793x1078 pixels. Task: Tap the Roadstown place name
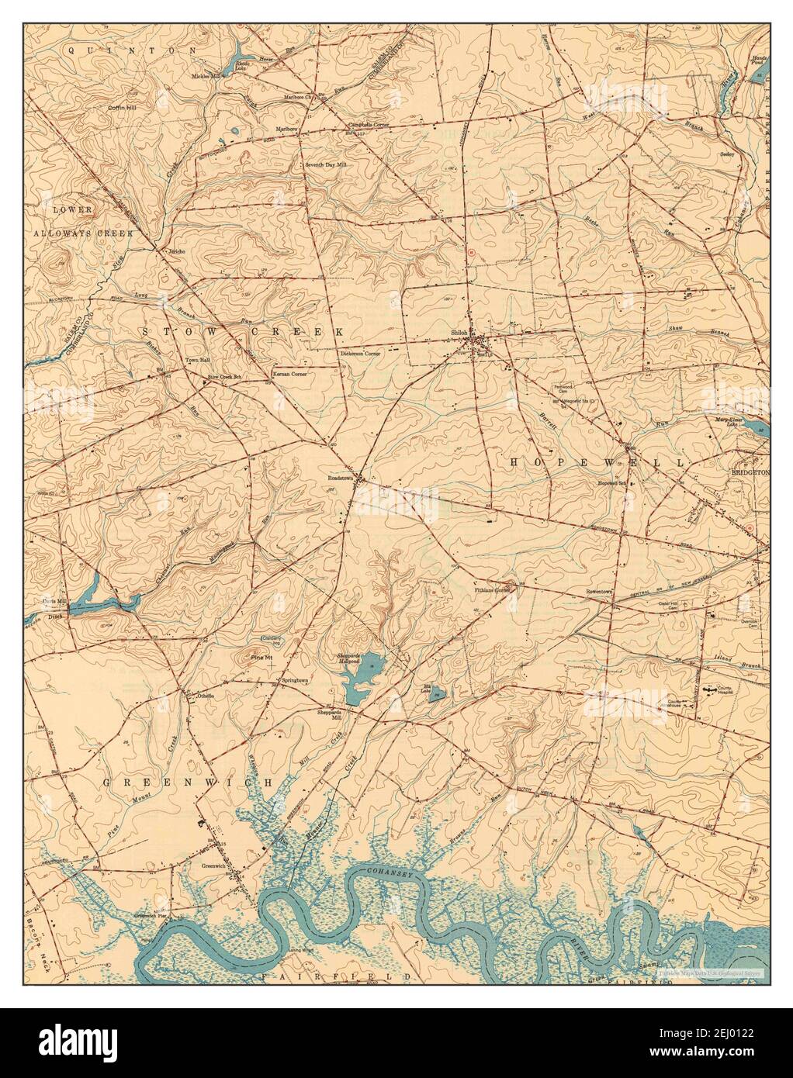coord(340,479)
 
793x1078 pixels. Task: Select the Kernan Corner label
coord(289,375)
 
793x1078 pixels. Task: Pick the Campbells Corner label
coord(367,124)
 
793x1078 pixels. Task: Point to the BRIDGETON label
coord(749,472)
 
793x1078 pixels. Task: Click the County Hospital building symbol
coord(708,689)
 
